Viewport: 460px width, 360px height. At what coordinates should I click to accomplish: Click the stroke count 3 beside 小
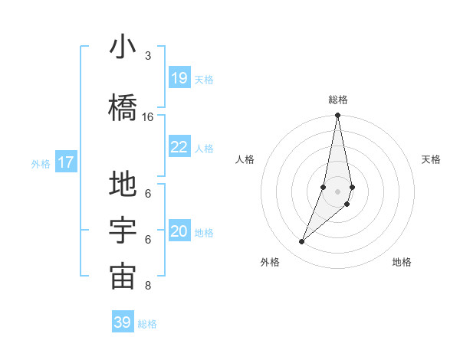click(x=147, y=56)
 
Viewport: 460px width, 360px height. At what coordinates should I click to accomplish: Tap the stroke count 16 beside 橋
click(x=148, y=116)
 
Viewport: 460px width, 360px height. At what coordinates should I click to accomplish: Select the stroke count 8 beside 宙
click(x=147, y=286)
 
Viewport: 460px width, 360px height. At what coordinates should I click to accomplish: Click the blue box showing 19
click(x=179, y=78)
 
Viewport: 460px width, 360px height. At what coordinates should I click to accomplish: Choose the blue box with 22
click(x=179, y=147)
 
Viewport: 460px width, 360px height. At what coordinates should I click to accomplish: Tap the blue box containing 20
click(x=179, y=232)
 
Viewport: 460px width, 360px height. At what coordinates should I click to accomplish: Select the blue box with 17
click(x=66, y=162)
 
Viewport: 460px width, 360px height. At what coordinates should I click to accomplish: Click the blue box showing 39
click(x=123, y=322)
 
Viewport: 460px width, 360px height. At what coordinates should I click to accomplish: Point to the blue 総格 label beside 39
click(x=147, y=324)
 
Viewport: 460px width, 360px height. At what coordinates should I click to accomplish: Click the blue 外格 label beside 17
click(x=41, y=163)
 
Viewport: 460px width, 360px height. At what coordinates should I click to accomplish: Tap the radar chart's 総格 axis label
click(x=338, y=100)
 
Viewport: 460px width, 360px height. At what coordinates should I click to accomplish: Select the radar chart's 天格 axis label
click(x=432, y=159)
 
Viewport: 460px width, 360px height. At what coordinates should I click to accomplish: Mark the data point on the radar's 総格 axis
click(x=337, y=116)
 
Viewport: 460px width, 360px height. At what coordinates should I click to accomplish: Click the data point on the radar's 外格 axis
click(x=301, y=242)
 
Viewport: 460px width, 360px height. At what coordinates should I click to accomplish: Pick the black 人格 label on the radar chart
click(x=245, y=159)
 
